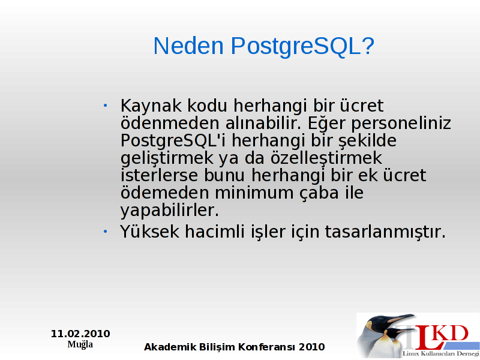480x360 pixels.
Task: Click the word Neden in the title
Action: (x=188, y=46)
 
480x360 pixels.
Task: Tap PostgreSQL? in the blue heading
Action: (x=302, y=47)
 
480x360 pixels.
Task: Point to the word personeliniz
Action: (x=401, y=124)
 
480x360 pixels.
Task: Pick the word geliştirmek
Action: (x=167, y=158)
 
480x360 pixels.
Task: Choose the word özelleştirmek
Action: (x=326, y=158)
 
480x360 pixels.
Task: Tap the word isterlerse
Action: (x=159, y=175)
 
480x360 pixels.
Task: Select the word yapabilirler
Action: (x=170, y=211)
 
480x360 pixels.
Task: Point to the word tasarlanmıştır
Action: (x=385, y=232)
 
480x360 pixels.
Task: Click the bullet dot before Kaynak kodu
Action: (x=106, y=106)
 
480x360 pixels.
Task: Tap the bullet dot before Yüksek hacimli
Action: (x=106, y=232)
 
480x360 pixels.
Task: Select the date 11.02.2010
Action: (x=80, y=334)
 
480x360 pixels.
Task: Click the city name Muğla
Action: (x=80, y=344)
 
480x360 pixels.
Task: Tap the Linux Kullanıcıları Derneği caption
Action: (x=441, y=353)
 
